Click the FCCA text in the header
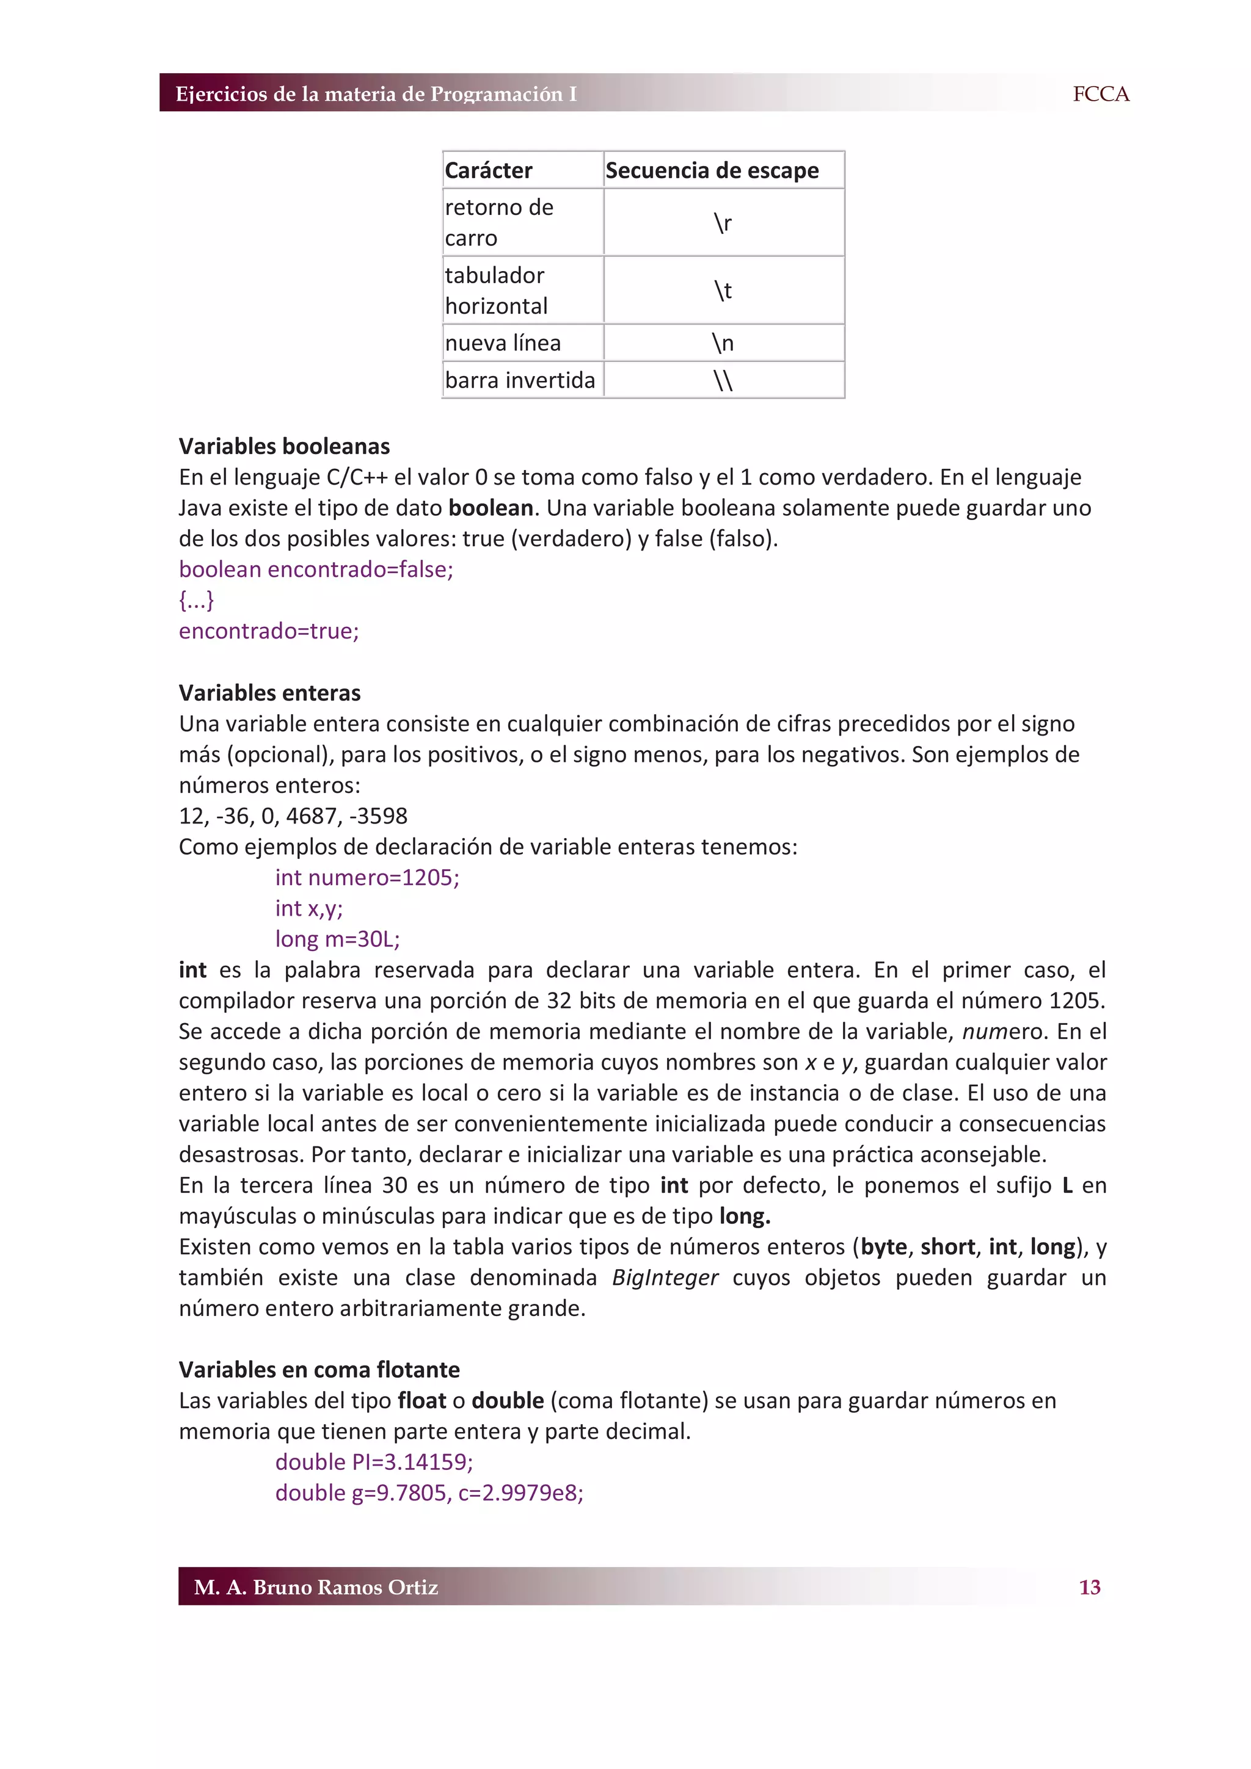[1100, 94]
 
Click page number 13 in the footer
[1089, 1587]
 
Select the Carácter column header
[489, 170]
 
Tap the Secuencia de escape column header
[712, 170]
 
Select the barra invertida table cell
[520, 380]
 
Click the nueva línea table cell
[503, 343]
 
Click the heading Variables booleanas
[285, 446]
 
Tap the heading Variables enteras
[270, 693]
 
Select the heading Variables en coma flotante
[319, 1369]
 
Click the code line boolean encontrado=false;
[316, 570]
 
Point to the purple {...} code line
[197, 600]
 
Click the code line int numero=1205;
[367, 878]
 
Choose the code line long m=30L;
[338, 939]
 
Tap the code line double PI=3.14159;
[374, 1461]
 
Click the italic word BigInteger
[665, 1278]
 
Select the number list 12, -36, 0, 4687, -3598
[293, 816]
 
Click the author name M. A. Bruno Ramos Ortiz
[316, 1587]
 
